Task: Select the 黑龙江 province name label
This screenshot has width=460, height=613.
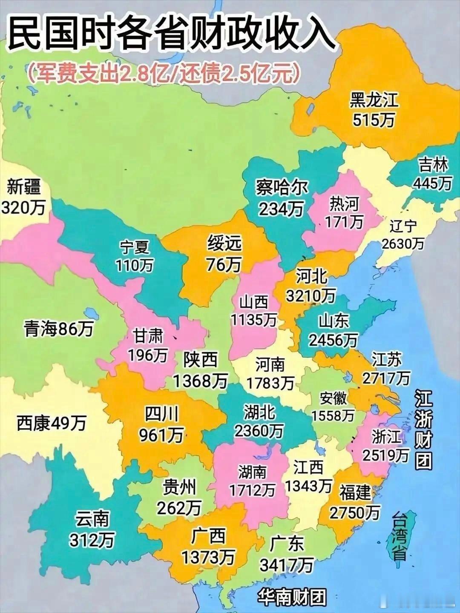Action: click(374, 100)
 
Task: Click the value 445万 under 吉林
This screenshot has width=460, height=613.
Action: click(432, 183)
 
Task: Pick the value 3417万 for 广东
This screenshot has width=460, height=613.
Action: click(286, 565)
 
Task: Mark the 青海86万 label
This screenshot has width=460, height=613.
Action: click(59, 329)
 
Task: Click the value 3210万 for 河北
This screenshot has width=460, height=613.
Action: click(310, 295)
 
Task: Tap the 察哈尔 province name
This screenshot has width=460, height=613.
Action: click(282, 187)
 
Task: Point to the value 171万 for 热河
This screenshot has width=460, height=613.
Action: click(344, 221)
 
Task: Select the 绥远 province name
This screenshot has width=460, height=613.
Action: click(224, 244)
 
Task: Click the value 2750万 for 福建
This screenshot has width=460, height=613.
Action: click(355, 513)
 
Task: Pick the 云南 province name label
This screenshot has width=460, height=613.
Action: click(92, 519)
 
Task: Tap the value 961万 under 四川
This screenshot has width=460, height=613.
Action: click(161, 435)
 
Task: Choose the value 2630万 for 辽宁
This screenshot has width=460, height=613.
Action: click(402, 243)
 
